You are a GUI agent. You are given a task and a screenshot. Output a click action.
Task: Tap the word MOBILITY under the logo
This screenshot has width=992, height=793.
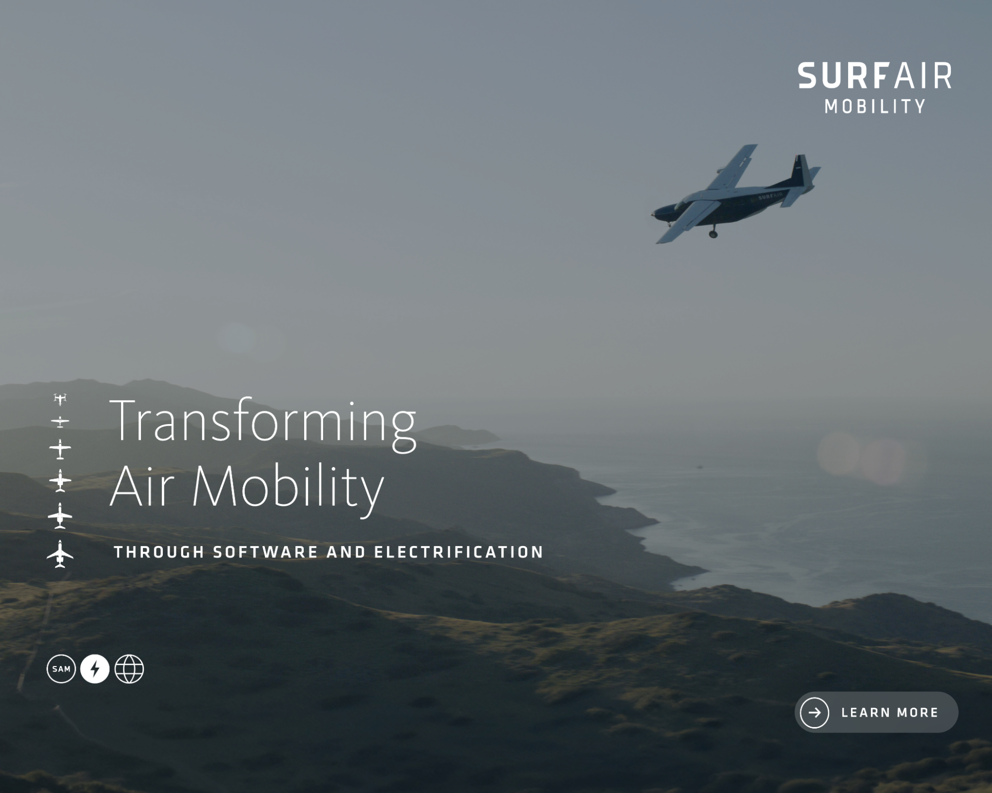(x=875, y=106)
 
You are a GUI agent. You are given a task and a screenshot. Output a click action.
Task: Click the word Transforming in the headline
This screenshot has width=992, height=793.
(x=263, y=424)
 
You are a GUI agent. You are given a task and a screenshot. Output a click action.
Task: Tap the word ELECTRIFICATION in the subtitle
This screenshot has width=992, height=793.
(x=459, y=552)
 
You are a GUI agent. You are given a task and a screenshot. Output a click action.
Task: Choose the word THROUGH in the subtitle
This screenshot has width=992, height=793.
(x=159, y=552)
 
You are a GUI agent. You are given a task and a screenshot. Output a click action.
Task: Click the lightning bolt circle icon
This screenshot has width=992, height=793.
(x=95, y=669)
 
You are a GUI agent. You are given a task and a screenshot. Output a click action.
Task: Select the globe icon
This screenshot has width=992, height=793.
(x=129, y=669)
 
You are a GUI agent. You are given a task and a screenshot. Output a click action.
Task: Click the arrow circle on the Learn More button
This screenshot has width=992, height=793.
(x=814, y=713)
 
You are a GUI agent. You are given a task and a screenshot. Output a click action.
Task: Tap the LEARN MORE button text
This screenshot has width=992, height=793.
(x=890, y=713)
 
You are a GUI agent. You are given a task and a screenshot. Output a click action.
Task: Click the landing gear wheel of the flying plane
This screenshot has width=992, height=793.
(x=713, y=234)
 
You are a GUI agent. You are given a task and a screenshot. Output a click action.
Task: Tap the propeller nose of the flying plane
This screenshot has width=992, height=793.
(x=655, y=214)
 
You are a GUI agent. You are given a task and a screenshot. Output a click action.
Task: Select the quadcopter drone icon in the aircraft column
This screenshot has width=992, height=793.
(x=60, y=399)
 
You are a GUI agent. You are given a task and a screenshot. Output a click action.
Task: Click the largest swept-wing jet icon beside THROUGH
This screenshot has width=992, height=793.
(x=60, y=554)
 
